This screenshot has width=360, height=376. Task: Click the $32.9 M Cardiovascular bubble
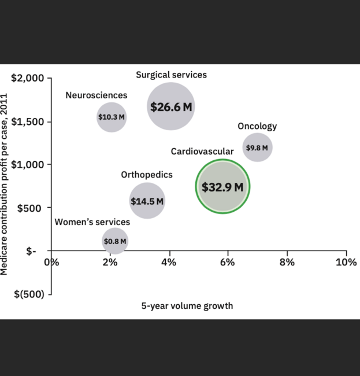tap(222, 186)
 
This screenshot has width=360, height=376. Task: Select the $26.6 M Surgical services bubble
tap(170, 106)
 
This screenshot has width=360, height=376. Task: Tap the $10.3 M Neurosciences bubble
tap(112, 117)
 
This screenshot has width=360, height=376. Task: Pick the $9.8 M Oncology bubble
tap(257, 148)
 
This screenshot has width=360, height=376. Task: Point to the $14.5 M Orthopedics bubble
tap(147, 201)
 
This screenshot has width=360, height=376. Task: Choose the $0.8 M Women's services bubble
tap(114, 241)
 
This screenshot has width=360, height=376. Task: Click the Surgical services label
tap(171, 75)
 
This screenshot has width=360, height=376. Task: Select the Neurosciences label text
tap(96, 95)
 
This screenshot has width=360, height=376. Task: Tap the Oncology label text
tap(257, 126)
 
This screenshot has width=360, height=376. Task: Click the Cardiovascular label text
tap(202, 152)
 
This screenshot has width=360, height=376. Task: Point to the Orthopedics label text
tap(146, 175)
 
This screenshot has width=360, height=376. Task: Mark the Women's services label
tap(92, 222)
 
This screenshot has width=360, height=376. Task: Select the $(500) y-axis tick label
tap(29, 294)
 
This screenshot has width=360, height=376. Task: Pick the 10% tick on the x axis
tap(347, 262)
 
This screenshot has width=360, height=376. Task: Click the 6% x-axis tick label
tap(228, 262)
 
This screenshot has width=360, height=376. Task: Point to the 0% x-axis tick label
tap(53, 262)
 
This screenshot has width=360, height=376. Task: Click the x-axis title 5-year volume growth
tap(187, 305)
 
